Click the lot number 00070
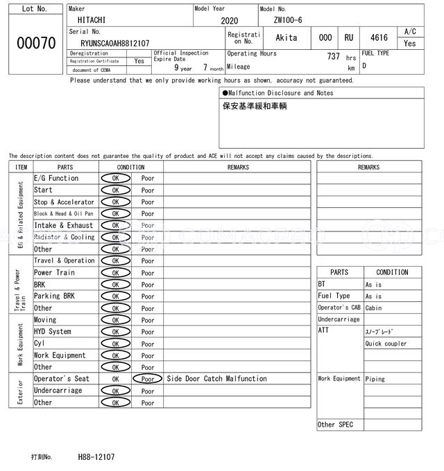(x=35, y=43)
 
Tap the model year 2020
(x=229, y=21)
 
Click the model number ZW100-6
(x=288, y=21)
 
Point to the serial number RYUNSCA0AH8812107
(x=115, y=43)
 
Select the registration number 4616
(x=379, y=37)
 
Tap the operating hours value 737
(x=333, y=57)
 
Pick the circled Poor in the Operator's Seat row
(x=147, y=379)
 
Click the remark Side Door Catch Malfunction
(x=216, y=379)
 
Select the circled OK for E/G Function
(x=115, y=179)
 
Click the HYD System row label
(x=53, y=332)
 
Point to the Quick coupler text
(x=386, y=344)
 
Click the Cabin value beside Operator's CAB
(x=373, y=308)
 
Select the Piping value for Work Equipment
(x=375, y=379)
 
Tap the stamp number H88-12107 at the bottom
(x=96, y=457)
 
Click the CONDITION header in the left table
(x=130, y=167)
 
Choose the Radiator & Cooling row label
(x=64, y=237)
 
